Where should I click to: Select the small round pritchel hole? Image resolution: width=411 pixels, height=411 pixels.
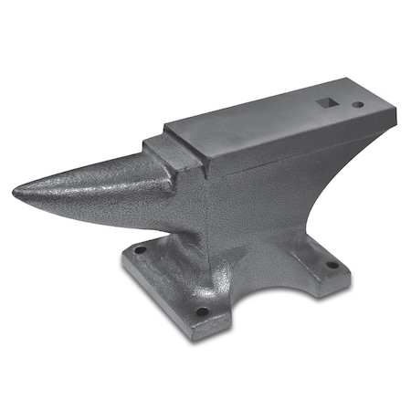tap(356, 106)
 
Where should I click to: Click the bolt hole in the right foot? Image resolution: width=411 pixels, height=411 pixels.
tap(332, 265)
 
